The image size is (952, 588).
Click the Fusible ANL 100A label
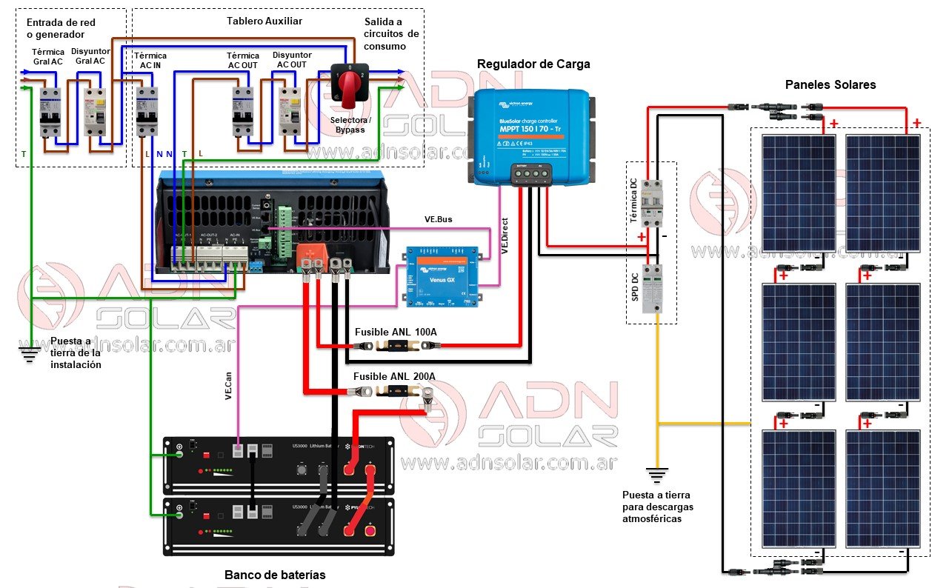coord(396,332)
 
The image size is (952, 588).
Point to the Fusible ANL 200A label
coord(394,377)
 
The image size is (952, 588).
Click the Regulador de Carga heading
coord(533,64)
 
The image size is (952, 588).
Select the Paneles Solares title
coord(830,85)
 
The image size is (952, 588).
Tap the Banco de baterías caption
coord(275,575)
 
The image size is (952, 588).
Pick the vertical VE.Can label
coord(229,383)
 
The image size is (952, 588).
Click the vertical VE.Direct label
coord(505,236)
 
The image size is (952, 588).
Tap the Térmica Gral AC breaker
coord(50,111)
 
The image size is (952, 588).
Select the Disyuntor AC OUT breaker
coord(289,112)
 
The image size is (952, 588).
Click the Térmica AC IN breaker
coord(147,111)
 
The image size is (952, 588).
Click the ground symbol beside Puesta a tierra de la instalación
coord(30,353)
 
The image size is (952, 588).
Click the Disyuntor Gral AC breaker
coord(94,111)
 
